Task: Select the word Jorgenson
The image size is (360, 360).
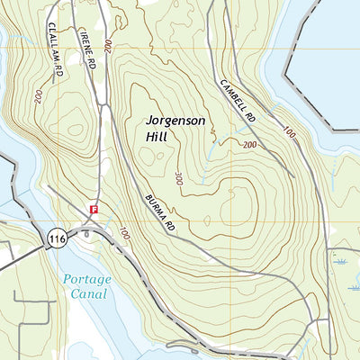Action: (x=176, y=120)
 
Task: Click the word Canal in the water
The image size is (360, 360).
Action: (x=89, y=293)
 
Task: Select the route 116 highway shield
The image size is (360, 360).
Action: (x=57, y=238)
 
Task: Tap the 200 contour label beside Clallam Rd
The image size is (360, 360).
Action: (x=38, y=96)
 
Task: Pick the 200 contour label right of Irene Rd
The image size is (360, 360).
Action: (x=108, y=44)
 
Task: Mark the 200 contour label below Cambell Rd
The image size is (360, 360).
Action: (x=249, y=145)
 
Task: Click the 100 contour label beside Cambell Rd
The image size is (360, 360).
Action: (x=288, y=132)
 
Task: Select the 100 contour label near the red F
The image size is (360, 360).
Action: (x=122, y=235)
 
